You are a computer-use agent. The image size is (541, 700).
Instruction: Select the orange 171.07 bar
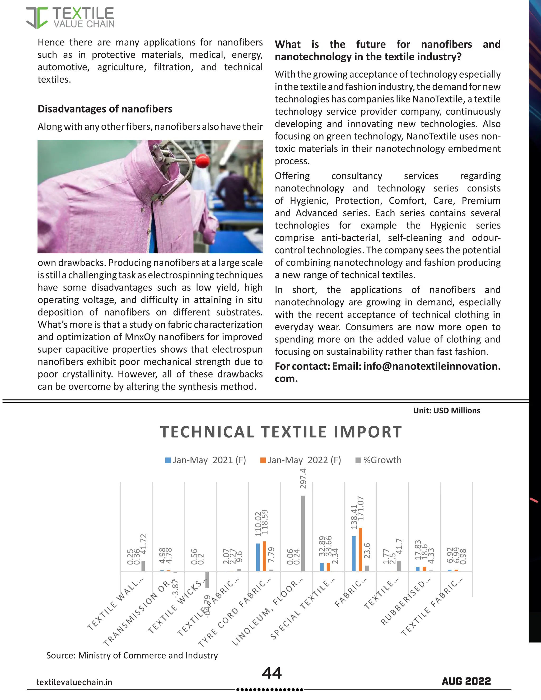pos(360,549)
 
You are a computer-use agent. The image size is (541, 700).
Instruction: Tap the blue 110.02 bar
pos(258,557)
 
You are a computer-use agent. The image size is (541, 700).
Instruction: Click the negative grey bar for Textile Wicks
pos(207,580)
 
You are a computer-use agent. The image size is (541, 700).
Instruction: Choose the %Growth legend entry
pos(379,460)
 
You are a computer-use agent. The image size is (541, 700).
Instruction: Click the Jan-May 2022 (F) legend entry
pos(301,460)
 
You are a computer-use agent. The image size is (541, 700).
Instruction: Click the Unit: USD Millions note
pos(446,410)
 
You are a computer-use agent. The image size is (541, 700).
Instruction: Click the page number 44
pos(272,673)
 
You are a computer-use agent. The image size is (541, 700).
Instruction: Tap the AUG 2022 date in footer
pos(466,681)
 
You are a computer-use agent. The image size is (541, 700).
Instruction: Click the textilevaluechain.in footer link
pos(74,682)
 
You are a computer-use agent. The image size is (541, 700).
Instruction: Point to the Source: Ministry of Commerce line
pos(132,655)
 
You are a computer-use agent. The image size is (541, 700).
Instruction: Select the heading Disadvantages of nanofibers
pos(105,109)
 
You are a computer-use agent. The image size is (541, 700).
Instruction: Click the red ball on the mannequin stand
pos(203,161)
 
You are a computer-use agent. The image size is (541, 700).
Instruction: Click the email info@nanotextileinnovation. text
pos(431,366)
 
